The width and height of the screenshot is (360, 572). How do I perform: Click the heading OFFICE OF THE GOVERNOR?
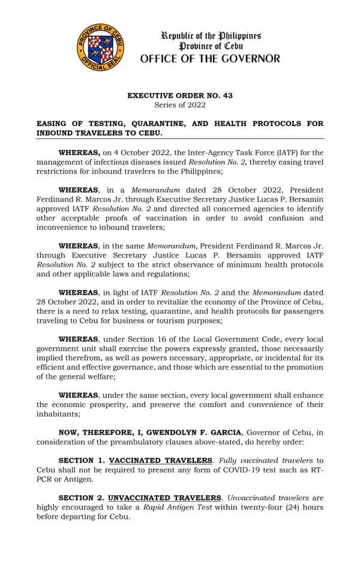[x=210, y=59]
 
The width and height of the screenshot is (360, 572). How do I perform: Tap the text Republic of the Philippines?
[x=210, y=35]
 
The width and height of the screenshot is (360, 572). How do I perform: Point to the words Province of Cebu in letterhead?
[x=210, y=46]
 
